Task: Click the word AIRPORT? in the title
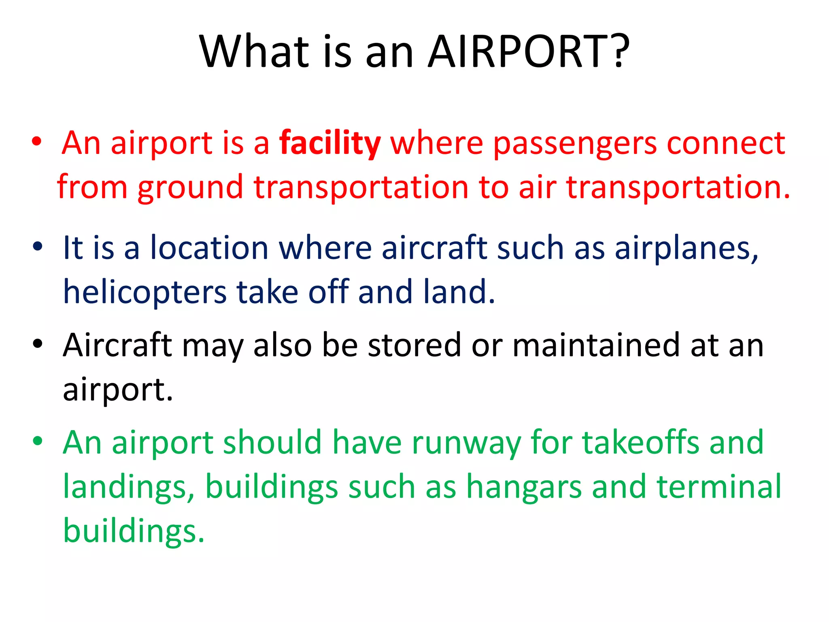(528, 51)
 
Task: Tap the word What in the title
(255, 51)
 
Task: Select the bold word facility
(330, 143)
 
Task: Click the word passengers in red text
(575, 144)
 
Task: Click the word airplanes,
(687, 248)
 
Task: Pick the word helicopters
(145, 292)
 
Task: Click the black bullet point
(38, 344)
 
